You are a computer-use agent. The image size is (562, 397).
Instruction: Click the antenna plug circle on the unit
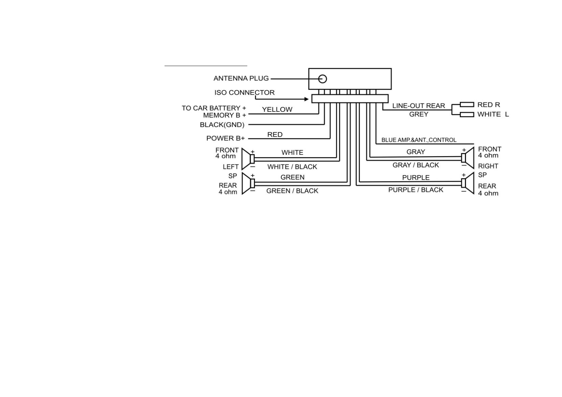tap(322, 79)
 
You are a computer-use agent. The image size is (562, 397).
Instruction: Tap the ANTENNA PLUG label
tap(241, 78)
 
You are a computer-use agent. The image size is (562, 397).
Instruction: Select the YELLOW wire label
tap(277, 109)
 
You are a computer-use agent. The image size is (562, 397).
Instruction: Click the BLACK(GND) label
tap(222, 125)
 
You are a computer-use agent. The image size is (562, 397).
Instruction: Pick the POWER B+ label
tap(225, 138)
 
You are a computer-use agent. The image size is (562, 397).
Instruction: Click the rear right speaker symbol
tap(468, 183)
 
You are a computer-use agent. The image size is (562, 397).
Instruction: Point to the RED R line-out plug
tap(467, 104)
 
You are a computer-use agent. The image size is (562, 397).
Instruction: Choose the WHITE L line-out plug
tap(467, 114)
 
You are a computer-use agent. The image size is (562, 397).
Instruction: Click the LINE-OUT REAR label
tap(418, 106)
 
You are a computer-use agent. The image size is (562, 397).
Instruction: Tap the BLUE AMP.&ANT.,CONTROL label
tap(419, 140)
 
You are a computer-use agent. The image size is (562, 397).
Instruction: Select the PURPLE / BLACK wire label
tap(416, 190)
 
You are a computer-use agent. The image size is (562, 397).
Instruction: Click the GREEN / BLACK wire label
tap(292, 191)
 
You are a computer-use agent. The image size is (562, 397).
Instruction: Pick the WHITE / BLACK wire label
tap(292, 167)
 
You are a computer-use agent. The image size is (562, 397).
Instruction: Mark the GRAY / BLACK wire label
tap(416, 165)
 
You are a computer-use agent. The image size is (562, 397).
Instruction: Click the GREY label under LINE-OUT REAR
tap(418, 114)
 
